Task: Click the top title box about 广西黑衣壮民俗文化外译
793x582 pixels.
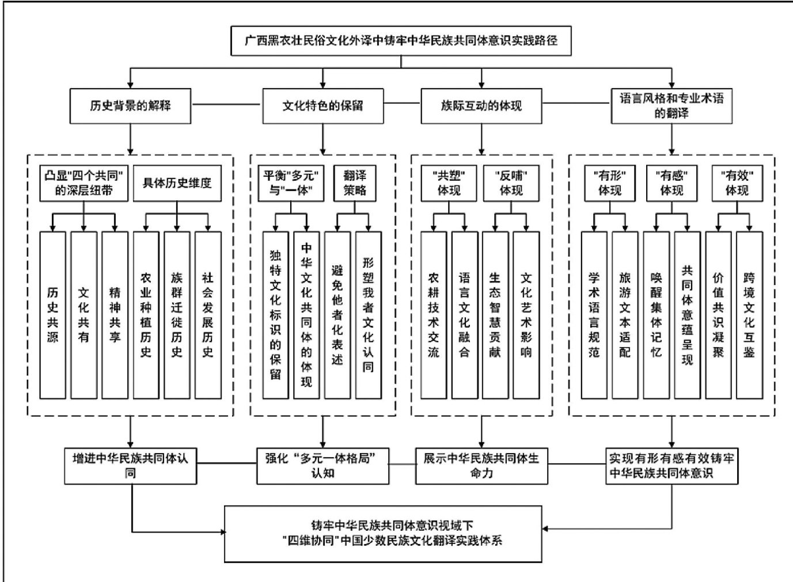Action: pyautogui.click(x=401, y=41)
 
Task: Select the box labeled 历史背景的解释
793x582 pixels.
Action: pyautogui.click(x=130, y=106)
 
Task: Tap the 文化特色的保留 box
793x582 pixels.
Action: pyautogui.click(x=322, y=106)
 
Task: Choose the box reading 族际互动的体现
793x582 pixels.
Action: pyautogui.click(x=481, y=106)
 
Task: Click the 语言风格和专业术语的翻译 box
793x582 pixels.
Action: pyautogui.click(x=671, y=106)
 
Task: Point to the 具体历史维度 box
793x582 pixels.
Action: pyautogui.click(x=177, y=183)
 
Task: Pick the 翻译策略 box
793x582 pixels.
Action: pyautogui.click(x=355, y=183)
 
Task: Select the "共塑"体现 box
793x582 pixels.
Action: pyautogui.click(x=449, y=183)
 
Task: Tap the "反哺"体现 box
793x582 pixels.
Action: pyautogui.click(x=511, y=183)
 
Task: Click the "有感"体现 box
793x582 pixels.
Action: pyautogui.click(x=671, y=183)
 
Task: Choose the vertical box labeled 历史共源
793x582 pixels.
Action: pyautogui.click(x=52, y=315)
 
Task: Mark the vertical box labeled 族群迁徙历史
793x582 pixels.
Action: pyautogui.click(x=177, y=315)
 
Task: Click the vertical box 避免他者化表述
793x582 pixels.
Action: pyautogui.click(x=337, y=315)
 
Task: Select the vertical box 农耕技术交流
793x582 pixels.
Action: pyautogui.click(x=433, y=315)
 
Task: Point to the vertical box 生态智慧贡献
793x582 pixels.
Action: pyautogui.click(x=495, y=315)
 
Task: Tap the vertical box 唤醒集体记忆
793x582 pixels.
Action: pyautogui.click(x=656, y=315)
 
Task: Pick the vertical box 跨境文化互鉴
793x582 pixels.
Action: pyautogui.click(x=749, y=315)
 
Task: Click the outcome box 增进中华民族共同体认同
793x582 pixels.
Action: pyautogui.click(x=130, y=466)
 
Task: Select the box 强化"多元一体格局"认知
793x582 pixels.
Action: pyautogui.click(x=322, y=466)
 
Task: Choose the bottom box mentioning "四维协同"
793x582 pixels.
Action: pyautogui.click(x=383, y=533)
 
